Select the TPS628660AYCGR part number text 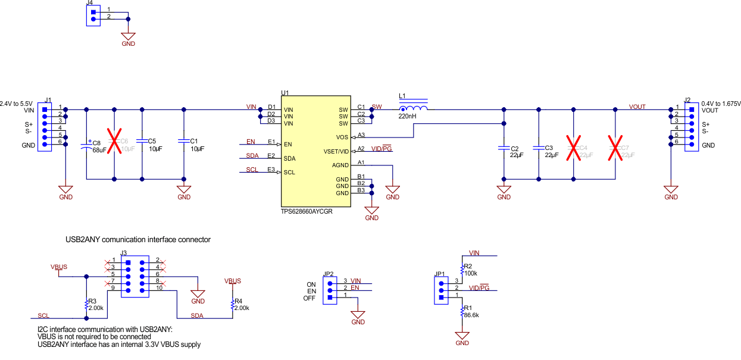point(307,211)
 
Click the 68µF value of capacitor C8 point(99,150)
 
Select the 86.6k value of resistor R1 point(471,315)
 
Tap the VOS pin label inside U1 point(342,137)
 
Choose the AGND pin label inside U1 point(340,165)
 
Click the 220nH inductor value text point(408,117)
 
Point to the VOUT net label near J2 point(637,107)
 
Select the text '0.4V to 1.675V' point(721,103)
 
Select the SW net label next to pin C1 point(376,107)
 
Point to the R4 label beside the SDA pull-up point(238,301)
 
